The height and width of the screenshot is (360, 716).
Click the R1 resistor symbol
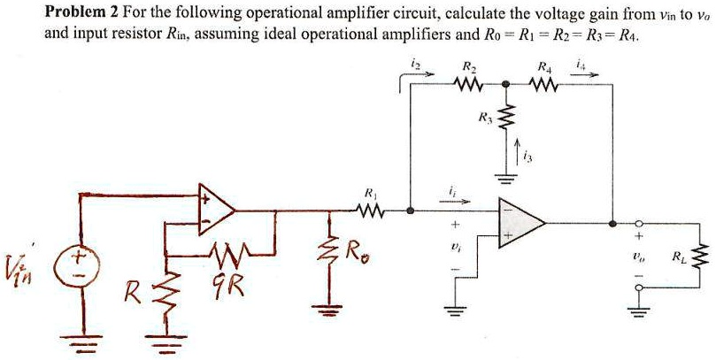click(370, 211)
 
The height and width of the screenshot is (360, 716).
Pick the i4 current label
click(580, 63)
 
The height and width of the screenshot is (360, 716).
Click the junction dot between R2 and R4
click(504, 86)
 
